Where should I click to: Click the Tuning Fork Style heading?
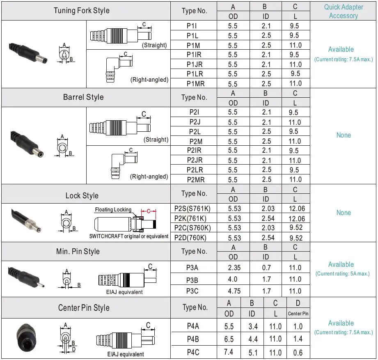[x=82, y=10]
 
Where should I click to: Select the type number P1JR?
[x=195, y=64]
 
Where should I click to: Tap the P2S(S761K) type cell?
[x=193, y=209]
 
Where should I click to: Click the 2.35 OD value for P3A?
[x=233, y=268]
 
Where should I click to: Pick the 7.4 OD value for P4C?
[x=229, y=352]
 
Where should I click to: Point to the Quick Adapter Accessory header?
[x=344, y=11]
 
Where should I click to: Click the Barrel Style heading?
[x=83, y=97]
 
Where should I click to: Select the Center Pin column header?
[x=298, y=314]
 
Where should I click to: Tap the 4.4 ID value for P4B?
[x=253, y=339]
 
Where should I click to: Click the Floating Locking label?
[x=113, y=209]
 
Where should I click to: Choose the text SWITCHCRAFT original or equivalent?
[x=129, y=236]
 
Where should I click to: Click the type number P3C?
[x=192, y=291]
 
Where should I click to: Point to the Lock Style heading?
[x=82, y=195]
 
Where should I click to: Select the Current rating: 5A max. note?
[x=343, y=274]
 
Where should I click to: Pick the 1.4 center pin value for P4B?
[x=298, y=339]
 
